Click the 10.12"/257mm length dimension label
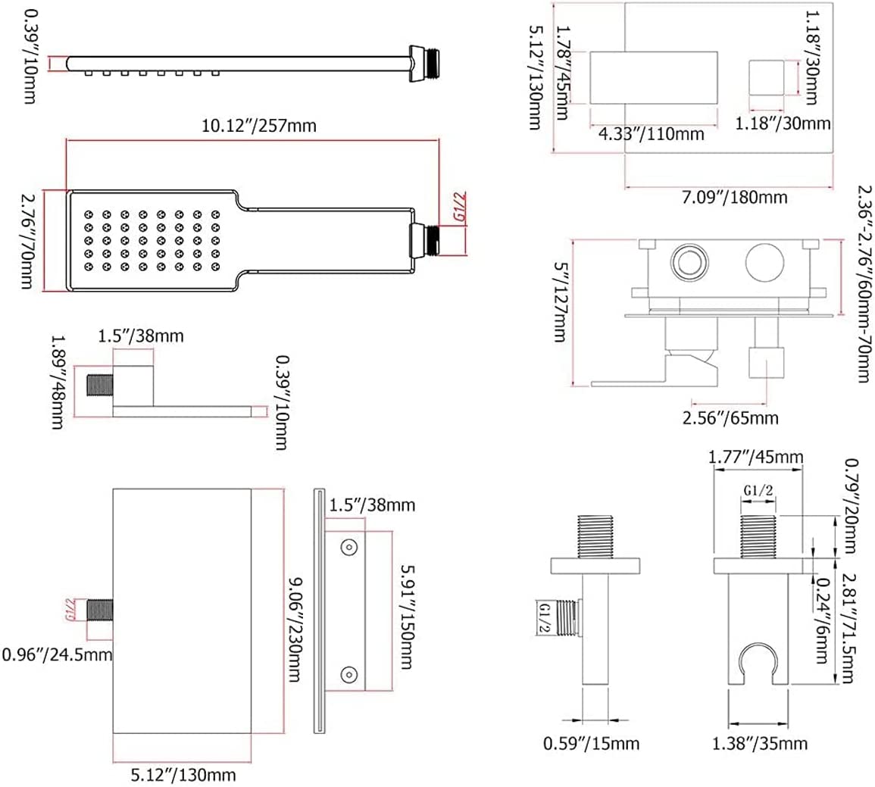point(259,125)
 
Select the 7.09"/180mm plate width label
point(734,197)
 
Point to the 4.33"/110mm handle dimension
point(652,134)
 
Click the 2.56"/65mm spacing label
point(730,417)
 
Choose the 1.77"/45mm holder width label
point(755,457)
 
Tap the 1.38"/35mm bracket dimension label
point(760,743)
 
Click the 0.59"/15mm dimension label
point(591,743)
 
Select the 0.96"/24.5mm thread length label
point(57,654)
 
